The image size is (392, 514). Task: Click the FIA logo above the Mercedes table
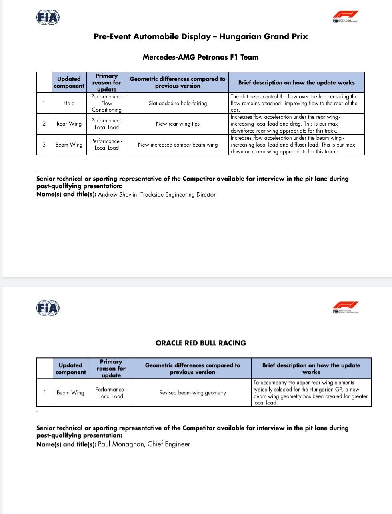pyautogui.click(x=48, y=17)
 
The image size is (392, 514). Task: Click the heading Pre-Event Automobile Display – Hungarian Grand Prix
pyautogui.click(x=200, y=36)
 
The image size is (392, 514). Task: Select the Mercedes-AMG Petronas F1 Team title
pyautogui.click(x=200, y=57)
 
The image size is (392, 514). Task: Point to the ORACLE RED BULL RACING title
pyautogui.click(x=200, y=343)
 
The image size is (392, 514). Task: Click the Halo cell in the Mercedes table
pyautogui.click(x=69, y=103)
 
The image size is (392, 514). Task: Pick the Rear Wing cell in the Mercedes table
pyautogui.click(x=69, y=124)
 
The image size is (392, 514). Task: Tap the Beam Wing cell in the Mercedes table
pyautogui.click(x=69, y=145)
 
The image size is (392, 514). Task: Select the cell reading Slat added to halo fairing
pyautogui.click(x=178, y=103)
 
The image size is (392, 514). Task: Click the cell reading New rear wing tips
pyautogui.click(x=178, y=124)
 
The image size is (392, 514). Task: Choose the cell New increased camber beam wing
pyautogui.click(x=178, y=145)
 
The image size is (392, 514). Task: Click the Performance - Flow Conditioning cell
pyautogui.click(x=106, y=103)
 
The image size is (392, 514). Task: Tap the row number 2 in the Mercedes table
pyautogui.click(x=44, y=124)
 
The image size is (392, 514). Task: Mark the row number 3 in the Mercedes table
pyautogui.click(x=44, y=145)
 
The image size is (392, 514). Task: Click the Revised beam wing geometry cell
pyautogui.click(x=192, y=393)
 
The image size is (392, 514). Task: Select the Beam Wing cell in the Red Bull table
pyautogui.click(x=70, y=393)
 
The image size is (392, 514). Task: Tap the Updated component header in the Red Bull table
pyautogui.click(x=70, y=369)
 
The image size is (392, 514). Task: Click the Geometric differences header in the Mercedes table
pyautogui.click(x=178, y=82)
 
